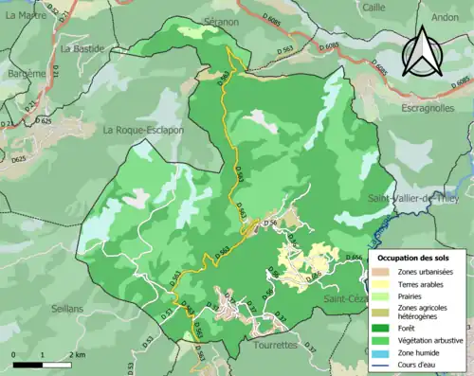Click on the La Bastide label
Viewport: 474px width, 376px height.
[x=81, y=47]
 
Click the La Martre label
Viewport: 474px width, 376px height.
[x=27, y=14]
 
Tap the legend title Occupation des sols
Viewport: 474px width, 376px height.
[x=413, y=258]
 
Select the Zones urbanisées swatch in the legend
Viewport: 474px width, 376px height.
[x=384, y=272]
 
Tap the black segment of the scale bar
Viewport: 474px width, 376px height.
[x=27, y=363]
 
